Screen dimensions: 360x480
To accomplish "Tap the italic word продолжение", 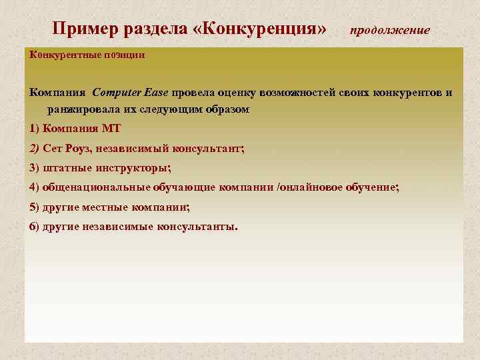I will click(x=390, y=31).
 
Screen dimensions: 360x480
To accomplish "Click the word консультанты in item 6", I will click(x=195, y=226).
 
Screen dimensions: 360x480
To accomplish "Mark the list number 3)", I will click(x=35, y=167).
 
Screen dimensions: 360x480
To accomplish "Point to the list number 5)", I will click(x=35, y=207).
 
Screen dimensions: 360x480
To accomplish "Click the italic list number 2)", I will click(x=35, y=148).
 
